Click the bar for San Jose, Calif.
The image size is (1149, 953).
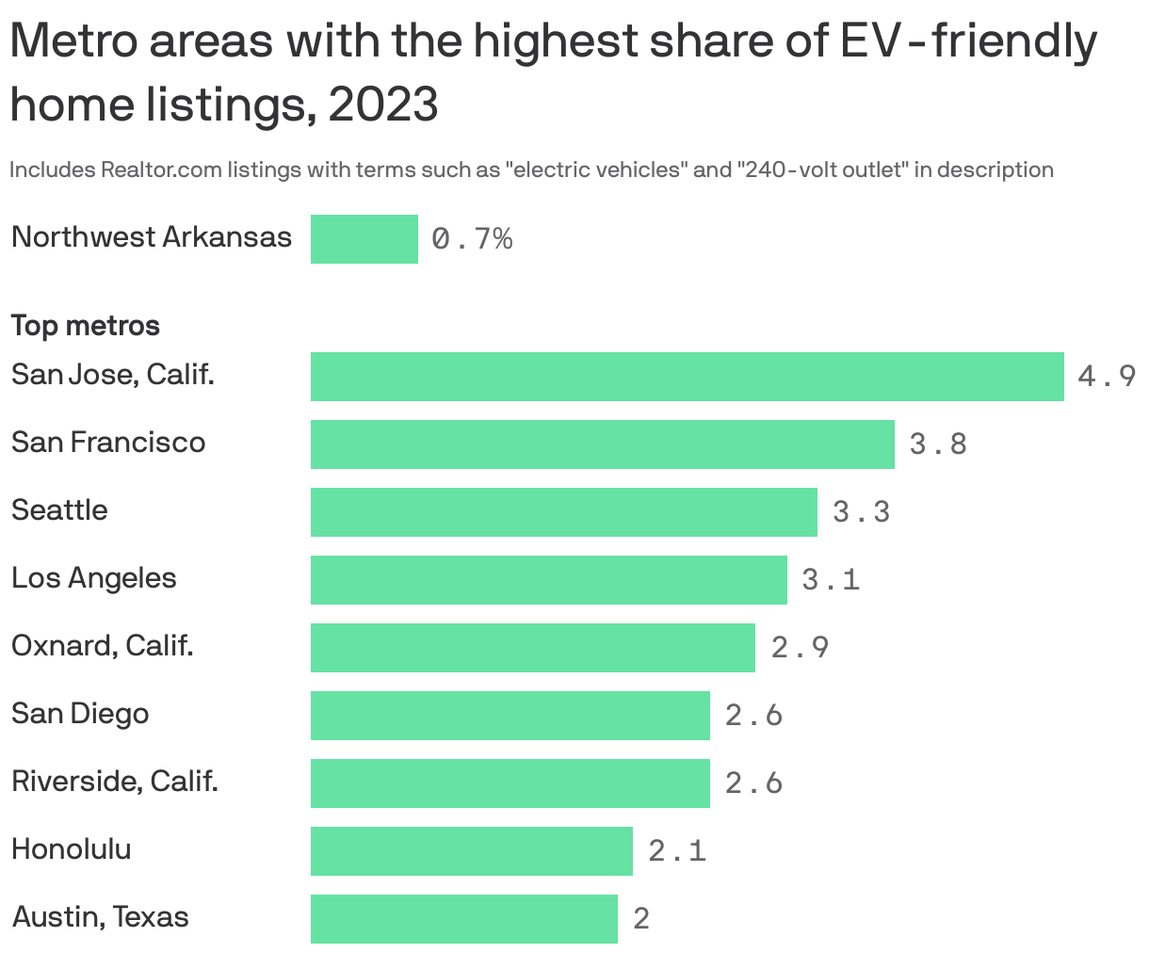tap(687, 377)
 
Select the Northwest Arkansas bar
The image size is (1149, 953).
tap(364, 239)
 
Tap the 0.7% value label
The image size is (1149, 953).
tap(472, 239)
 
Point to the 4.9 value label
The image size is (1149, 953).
tap(1107, 377)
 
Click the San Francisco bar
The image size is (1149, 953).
tap(602, 444)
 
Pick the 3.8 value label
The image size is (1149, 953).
tap(938, 444)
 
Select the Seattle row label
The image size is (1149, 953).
tap(59, 510)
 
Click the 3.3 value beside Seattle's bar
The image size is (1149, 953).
tap(861, 512)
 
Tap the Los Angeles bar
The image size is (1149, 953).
tap(548, 580)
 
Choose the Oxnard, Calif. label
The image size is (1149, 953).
tap(102, 646)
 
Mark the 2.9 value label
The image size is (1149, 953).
tap(800, 648)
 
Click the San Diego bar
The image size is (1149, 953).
tap(510, 716)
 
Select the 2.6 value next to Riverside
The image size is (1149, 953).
tap(753, 783)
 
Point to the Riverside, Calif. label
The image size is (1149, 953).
tap(114, 782)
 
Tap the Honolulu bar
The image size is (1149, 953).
tap(471, 851)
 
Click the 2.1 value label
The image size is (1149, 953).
tap(676, 851)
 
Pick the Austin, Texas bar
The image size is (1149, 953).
tap(463, 919)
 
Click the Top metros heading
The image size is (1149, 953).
tap(85, 326)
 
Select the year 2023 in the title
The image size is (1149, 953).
tap(383, 104)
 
